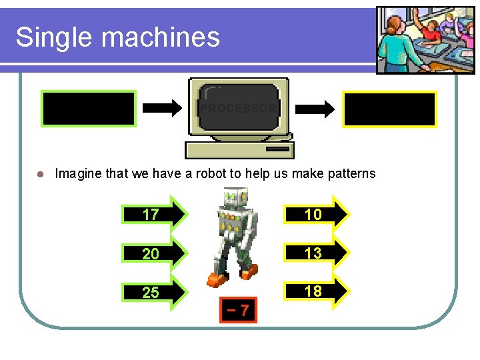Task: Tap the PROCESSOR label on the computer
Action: tap(239, 108)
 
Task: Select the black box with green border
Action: tap(89, 109)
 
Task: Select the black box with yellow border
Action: tap(389, 109)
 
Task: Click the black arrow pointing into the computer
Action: tap(163, 108)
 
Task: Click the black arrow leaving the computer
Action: tap(317, 108)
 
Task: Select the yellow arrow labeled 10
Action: tap(316, 214)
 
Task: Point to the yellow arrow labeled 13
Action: tap(316, 253)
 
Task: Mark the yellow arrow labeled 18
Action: tap(316, 291)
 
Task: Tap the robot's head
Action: tap(236, 198)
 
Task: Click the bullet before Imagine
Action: tap(40, 174)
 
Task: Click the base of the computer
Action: tap(239, 149)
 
